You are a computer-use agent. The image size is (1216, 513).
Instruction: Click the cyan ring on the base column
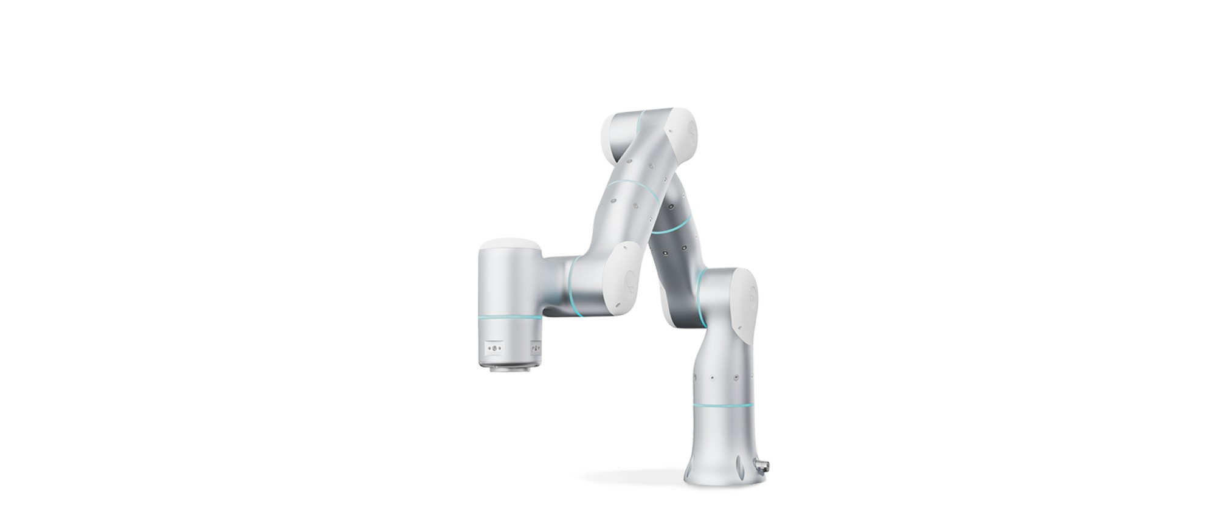[x=722, y=405]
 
